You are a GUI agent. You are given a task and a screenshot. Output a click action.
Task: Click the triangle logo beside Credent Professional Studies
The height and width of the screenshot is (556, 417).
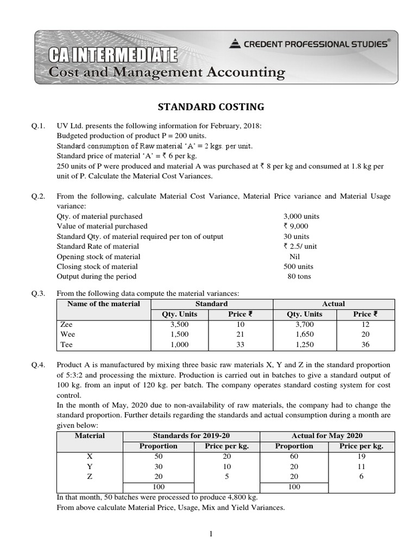click(235, 44)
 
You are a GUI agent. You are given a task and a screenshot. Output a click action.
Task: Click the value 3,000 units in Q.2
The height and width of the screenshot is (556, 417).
click(301, 216)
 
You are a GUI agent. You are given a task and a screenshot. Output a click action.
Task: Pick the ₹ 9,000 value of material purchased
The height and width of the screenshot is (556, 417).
click(295, 226)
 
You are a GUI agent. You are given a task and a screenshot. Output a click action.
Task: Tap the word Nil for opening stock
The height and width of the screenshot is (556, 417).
click(295, 256)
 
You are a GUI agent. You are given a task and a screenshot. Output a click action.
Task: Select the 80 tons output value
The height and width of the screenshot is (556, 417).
click(299, 276)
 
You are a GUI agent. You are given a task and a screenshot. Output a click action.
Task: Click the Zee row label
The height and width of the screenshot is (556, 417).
click(67, 324)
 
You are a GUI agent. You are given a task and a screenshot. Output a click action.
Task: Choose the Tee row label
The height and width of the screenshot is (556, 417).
click(66, 344)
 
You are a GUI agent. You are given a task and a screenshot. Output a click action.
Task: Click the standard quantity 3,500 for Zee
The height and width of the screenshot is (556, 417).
click(180, 324)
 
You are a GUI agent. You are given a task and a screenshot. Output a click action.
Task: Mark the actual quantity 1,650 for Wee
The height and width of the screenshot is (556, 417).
click(305, 334)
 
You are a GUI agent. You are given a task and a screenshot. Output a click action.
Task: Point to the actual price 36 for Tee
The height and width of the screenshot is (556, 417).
click(362, 344)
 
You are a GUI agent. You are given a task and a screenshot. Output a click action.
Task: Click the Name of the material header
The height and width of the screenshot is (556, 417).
click(103, 304)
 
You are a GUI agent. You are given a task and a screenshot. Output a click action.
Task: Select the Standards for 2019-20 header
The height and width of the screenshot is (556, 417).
click(192, 436)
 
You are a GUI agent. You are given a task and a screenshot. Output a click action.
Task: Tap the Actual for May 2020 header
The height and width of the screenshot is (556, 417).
click(327, 436)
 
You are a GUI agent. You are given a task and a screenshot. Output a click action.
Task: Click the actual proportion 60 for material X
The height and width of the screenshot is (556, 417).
click(294, 457)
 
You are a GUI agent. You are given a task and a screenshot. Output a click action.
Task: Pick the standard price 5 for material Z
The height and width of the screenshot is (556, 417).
click(227, 476)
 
